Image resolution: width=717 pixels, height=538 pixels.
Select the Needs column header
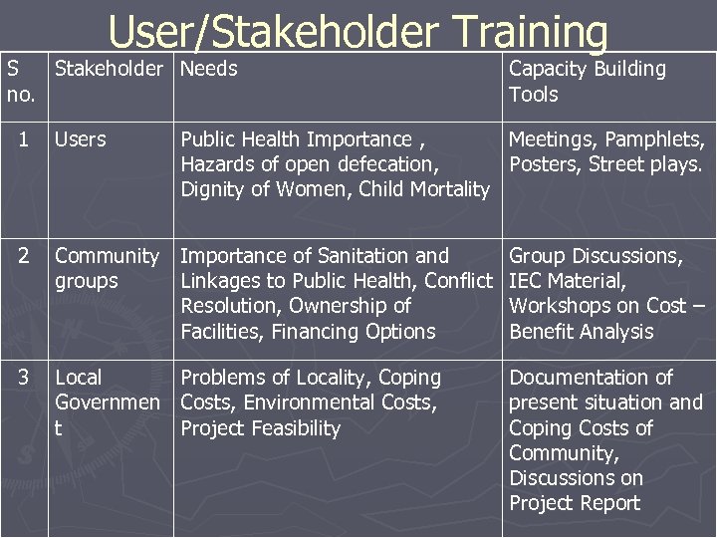[209, 69]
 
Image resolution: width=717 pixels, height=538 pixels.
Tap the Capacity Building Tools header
[588, 82]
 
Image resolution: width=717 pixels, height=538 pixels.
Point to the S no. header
[19, 82]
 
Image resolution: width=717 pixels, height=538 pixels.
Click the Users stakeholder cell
[81, 138]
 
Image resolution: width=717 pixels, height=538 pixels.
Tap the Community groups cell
[107, 269]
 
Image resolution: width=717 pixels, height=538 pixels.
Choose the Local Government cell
[107, 403]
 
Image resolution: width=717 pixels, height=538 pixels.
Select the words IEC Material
[567, 281]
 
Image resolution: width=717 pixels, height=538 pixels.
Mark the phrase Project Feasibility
[261, 428]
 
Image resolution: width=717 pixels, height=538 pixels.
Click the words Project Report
[575, 503]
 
